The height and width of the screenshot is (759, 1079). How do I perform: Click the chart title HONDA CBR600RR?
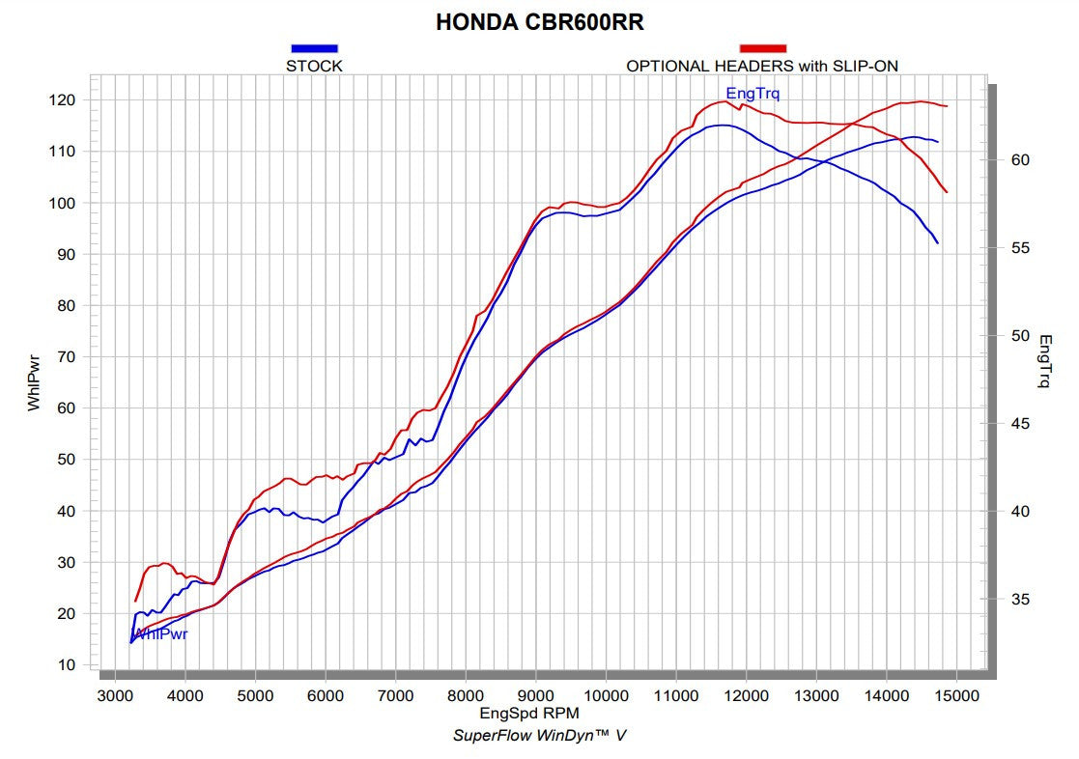coord(539,22)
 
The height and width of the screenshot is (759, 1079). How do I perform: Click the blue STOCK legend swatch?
coord(314,47)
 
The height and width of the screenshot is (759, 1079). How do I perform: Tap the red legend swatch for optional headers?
coord(762,47)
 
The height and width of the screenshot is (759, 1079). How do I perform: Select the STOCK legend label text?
coord(314,66)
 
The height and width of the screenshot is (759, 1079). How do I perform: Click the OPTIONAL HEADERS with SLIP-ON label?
coord(763,66)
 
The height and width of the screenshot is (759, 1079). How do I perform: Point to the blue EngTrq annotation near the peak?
coord(752,94)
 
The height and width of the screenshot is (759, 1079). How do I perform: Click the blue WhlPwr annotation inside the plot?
coord(160,634)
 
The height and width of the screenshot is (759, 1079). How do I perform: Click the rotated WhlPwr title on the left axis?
coord(35,383)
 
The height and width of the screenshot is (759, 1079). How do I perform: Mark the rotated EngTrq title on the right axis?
coord(1045,361)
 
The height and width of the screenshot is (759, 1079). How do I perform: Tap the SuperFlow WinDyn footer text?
coord(539,736)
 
